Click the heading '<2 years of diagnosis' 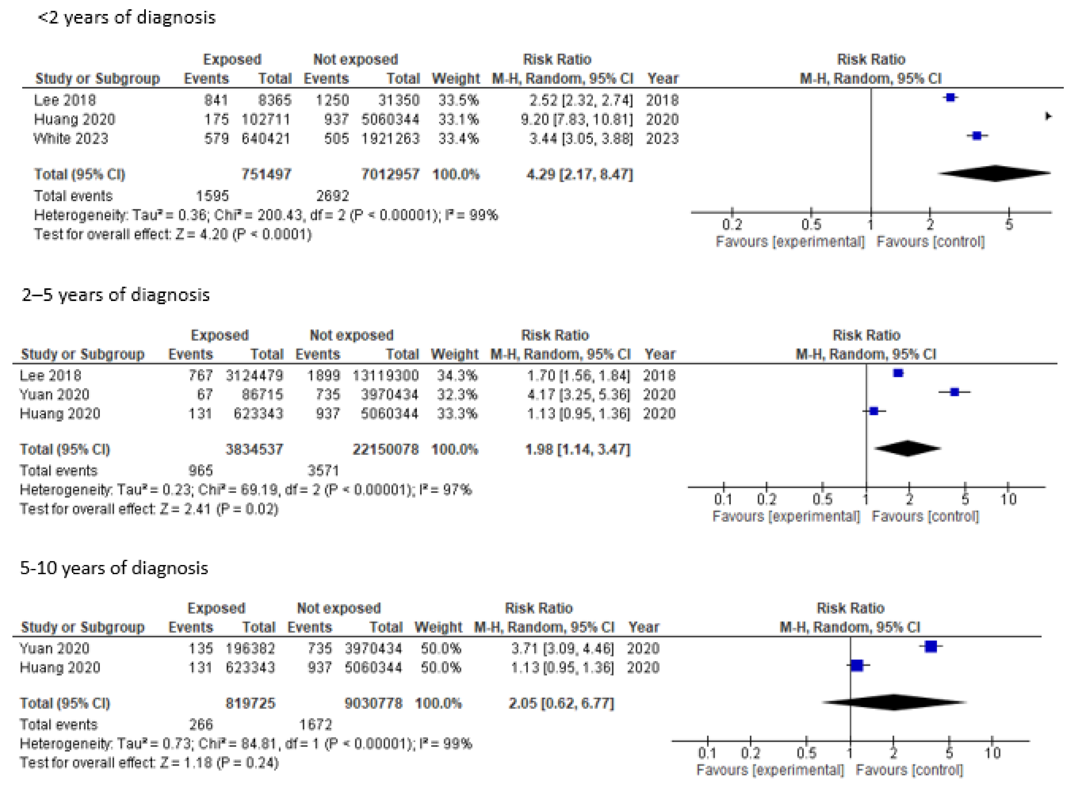tap(126, 18)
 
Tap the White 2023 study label tap(70, 139)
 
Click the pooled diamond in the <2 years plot tap(995, 173)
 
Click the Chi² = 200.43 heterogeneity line tap(265, 215)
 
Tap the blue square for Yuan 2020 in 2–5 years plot tap(954, 392)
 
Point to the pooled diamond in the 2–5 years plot tap(908, 448)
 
